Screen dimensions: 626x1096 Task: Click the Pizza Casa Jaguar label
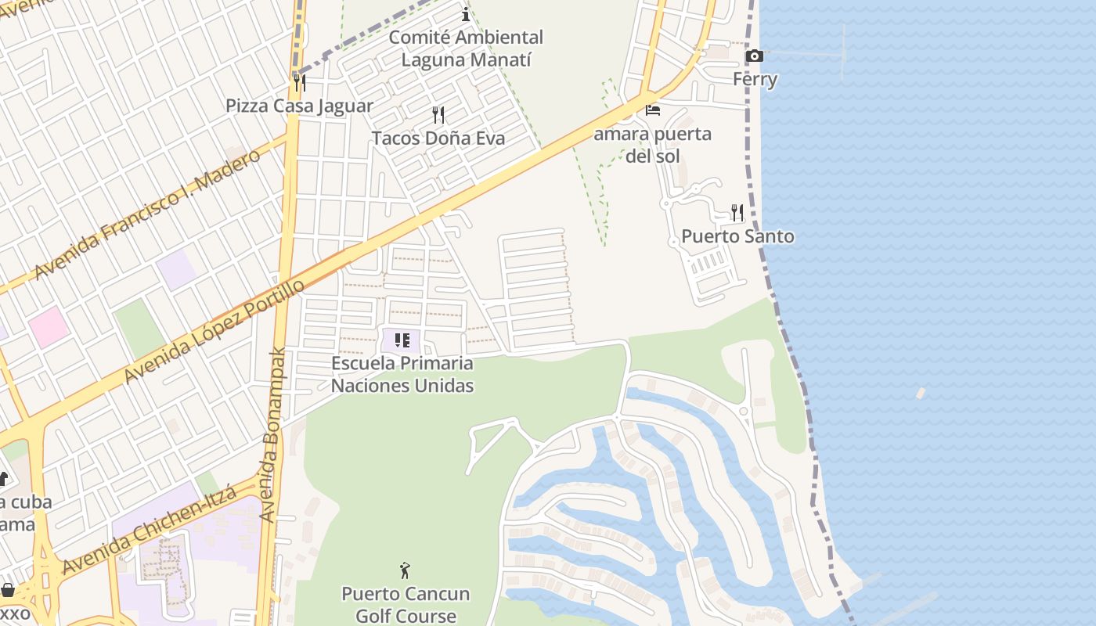(x=299, y=106)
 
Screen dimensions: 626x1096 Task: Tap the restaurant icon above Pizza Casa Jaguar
(x=299, y=81)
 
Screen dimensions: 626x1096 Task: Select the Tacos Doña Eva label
(x=438, y=139)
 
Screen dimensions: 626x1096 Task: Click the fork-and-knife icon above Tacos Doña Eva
(x=438, y=115)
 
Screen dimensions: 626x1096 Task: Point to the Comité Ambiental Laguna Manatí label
(x=466, y=48)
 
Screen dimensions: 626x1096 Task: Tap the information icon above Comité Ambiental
(x=466, y=14)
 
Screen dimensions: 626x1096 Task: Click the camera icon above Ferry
(x=755, y=56)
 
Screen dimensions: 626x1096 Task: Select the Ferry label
(x=755, y=79)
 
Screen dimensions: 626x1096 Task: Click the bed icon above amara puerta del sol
(x=653, y=110)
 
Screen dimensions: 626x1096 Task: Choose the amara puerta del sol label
(x=652, y=144)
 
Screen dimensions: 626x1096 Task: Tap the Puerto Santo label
(x=737, y=236)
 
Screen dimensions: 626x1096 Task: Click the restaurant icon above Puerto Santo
(x=737, y=212)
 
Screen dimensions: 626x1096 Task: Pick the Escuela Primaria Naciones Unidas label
(x=402, y=374)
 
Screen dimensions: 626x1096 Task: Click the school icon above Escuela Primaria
(x=402, y=340)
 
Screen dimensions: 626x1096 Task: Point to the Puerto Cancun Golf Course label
(x=406, y=604)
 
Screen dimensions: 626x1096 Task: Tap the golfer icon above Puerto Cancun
(x=405, y=570)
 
